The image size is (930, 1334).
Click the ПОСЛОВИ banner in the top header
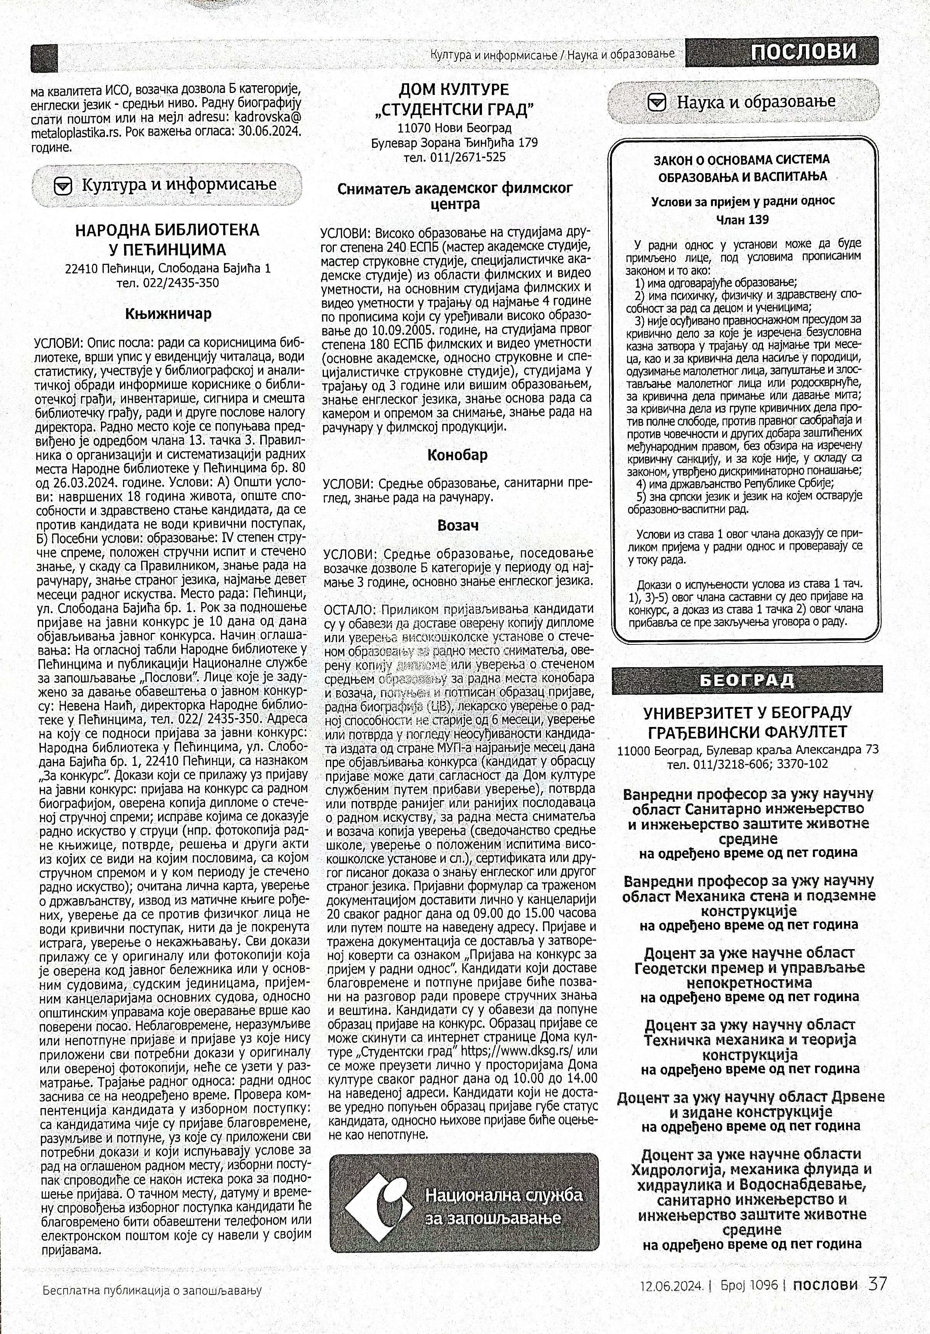tap(804, 52)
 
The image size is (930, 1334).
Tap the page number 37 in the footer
tap(878, 1282)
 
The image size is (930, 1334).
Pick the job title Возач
tap(458, 525)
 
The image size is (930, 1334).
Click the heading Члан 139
tap(742, 219)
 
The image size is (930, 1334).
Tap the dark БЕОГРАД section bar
tap(746, 680)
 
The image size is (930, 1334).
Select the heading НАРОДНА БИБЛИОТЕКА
tap(168, 231)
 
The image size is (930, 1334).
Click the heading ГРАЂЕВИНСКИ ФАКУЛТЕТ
tap(747, 732)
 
